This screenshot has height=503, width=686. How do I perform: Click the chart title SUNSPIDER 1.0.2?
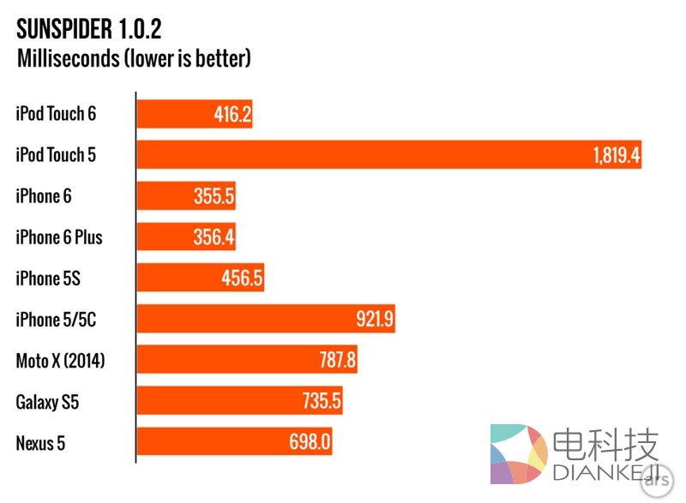(x=89, y=30)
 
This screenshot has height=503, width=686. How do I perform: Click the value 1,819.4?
(x=615, y=156)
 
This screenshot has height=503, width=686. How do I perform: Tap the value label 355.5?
(x=214, y=196)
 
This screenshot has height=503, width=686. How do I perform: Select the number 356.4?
(x=214, y=237)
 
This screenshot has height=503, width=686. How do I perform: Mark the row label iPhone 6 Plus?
(x=58, y=237)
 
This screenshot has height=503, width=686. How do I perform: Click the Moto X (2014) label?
(x=60, y=361)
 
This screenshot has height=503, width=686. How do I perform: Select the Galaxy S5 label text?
(x=47, y=402)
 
